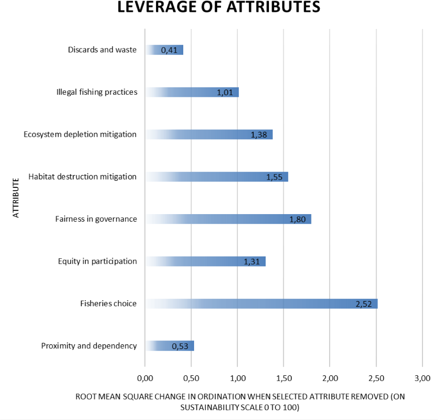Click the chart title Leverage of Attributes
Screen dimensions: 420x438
point(219,8)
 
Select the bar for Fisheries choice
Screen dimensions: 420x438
point(261,304)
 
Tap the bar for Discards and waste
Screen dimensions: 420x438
point(164,50)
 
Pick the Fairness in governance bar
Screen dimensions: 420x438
point(228,219)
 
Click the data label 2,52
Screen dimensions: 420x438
point(364,304)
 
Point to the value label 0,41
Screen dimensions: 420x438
point(169,51)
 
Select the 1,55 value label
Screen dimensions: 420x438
point(275,177)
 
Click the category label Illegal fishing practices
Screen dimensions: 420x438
point(97,92)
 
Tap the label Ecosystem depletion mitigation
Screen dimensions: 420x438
point(80,135)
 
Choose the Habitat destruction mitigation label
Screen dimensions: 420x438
point(82,176)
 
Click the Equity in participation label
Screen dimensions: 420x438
point(97,261)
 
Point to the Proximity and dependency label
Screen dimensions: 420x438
point(89,346)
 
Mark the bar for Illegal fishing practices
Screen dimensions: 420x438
point(192,93)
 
